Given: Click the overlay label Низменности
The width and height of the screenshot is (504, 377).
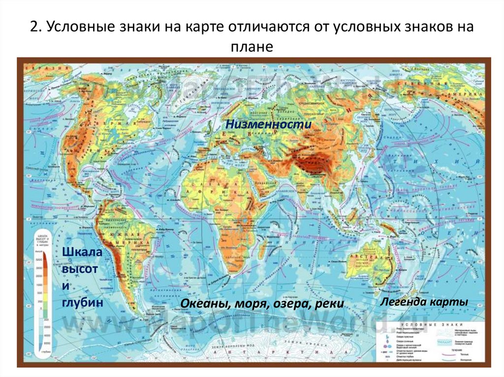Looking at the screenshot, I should pos(269,125).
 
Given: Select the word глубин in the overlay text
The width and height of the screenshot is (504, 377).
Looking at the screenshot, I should pos(82,302).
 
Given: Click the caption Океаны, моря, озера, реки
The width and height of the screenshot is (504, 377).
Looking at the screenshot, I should pos(262,304).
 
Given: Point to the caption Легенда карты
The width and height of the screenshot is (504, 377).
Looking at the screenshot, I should pos(424,302).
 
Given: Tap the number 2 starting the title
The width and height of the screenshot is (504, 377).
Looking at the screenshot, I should pos(34,27).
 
